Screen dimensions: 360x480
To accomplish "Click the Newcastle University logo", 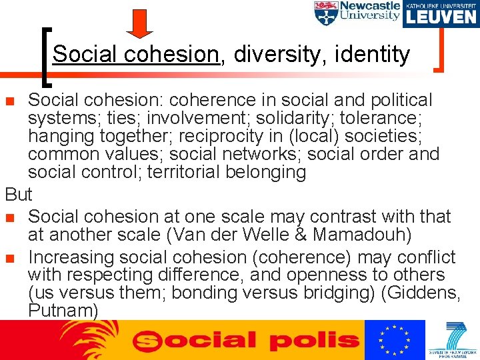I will click(x=357, y=13).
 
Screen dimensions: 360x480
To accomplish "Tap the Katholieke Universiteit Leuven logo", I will click(x=440, y=13).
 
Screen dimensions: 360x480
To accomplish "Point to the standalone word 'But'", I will click(x=18, y=195).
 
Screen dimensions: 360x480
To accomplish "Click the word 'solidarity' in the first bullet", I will click(x=309, y=118).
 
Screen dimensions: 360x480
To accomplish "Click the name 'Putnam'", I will click(x=63, y=310).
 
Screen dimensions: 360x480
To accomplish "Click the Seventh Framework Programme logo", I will click(x=453, y=340).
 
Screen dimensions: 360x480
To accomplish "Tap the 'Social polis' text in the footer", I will click(x=246, y=341).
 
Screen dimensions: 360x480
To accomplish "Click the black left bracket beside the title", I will click(x=47, y=57).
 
